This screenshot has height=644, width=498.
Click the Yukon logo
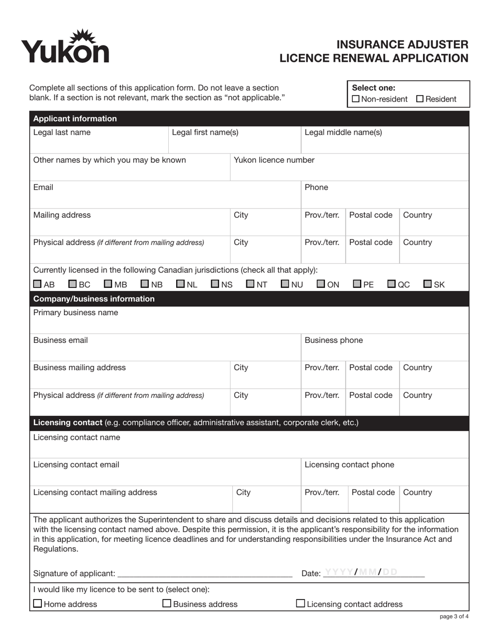click(65, 47)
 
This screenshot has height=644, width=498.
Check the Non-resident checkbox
click(356, 99)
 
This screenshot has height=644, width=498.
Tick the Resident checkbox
click(420, 99)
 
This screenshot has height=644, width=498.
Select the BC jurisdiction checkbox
click(73, 284)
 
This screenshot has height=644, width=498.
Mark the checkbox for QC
click(392, 284)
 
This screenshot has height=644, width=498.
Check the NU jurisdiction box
click(285, 284)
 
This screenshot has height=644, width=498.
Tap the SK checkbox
click(428, 284)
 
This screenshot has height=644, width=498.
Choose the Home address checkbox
click(38, 604)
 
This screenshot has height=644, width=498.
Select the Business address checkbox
click(167, 604)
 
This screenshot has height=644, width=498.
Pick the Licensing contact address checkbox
click(301, 604)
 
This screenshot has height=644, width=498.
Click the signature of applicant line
click(204, 573)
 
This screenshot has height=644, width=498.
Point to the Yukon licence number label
click(274, 160)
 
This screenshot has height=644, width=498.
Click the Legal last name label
click(62, 132)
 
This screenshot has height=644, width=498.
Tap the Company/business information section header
click(94, 299)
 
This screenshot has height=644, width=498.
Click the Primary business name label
click(75, 313)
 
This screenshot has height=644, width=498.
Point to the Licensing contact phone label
click(349, 464)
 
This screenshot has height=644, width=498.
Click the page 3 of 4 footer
click(454, 617)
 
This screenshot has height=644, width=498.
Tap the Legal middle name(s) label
click(343, 132)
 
